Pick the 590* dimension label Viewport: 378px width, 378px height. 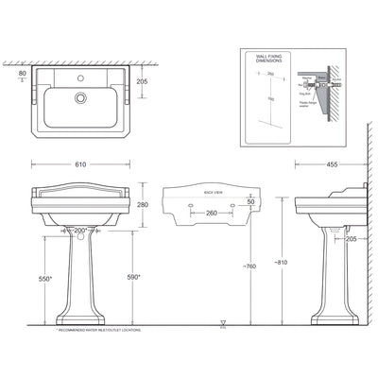pos(133,277)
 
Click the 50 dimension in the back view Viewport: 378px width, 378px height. pos(249,202)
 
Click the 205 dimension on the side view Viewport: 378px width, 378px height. pos(351,240)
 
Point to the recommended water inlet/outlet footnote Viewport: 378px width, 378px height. pos(79,334)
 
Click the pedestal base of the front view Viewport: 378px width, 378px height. pos(80,317)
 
